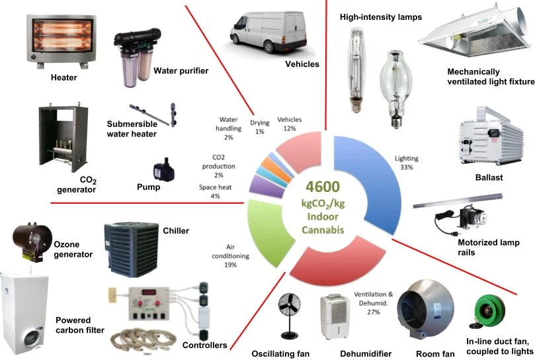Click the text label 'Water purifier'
coord(181,71)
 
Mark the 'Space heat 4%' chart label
coord(213,192)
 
